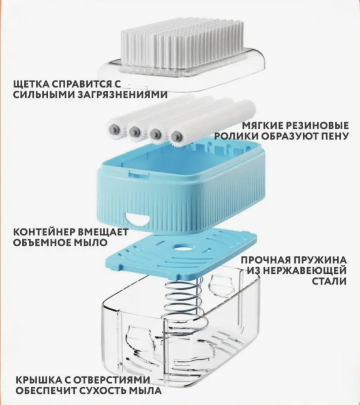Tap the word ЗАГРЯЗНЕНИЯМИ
click(x=122, y=95)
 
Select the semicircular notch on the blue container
click(x=137, y=219)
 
